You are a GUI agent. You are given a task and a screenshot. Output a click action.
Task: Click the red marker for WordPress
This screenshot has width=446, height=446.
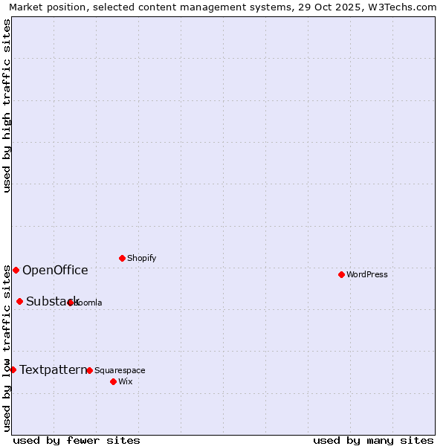click(x=341, y=274)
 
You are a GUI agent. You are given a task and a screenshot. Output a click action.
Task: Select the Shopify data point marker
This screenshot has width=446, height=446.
click(x=122, y=258)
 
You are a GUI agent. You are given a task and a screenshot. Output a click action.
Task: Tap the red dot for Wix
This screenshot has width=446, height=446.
click(x=113, y=381)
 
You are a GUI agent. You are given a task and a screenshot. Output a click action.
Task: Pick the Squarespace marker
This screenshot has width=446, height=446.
click(x=89, y=370)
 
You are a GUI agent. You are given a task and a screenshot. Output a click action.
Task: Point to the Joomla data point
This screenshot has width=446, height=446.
click(x=70, y=303)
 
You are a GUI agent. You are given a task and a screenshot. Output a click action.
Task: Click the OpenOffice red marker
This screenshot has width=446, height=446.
click(x=16, y=270)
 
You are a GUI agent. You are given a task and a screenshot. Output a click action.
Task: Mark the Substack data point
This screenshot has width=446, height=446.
click(x=19, y=301)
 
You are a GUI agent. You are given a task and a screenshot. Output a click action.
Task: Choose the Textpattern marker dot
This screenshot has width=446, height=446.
click(x=13, y=369)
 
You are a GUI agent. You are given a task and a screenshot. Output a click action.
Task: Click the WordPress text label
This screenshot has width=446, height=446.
click(x=366, y=274)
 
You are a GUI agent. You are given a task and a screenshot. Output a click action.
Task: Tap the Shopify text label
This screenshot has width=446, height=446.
click(x=141, y=258)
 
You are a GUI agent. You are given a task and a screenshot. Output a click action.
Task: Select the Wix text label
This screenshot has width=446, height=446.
click(x=125, y=381)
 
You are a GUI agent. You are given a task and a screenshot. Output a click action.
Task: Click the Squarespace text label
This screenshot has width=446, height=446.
click(x=120, y=370)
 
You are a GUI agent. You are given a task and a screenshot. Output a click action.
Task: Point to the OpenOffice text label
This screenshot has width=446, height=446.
click(x=55, y=270)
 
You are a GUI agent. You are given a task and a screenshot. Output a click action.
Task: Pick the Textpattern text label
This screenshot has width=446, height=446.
click(x=53, y=369)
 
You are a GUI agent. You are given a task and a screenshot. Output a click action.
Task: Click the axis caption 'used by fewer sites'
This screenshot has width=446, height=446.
click(x=77, y=440)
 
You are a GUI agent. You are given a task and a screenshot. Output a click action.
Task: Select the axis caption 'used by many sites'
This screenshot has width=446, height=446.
click(x=373, y=440)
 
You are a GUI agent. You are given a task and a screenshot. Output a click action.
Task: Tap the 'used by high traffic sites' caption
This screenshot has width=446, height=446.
click(x=7, y=106)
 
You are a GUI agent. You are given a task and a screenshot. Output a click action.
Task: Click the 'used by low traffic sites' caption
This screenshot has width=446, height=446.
click(x=7, y=348)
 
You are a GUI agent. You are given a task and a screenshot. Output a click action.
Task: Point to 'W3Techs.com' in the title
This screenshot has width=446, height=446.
click(x=404, y=7)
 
